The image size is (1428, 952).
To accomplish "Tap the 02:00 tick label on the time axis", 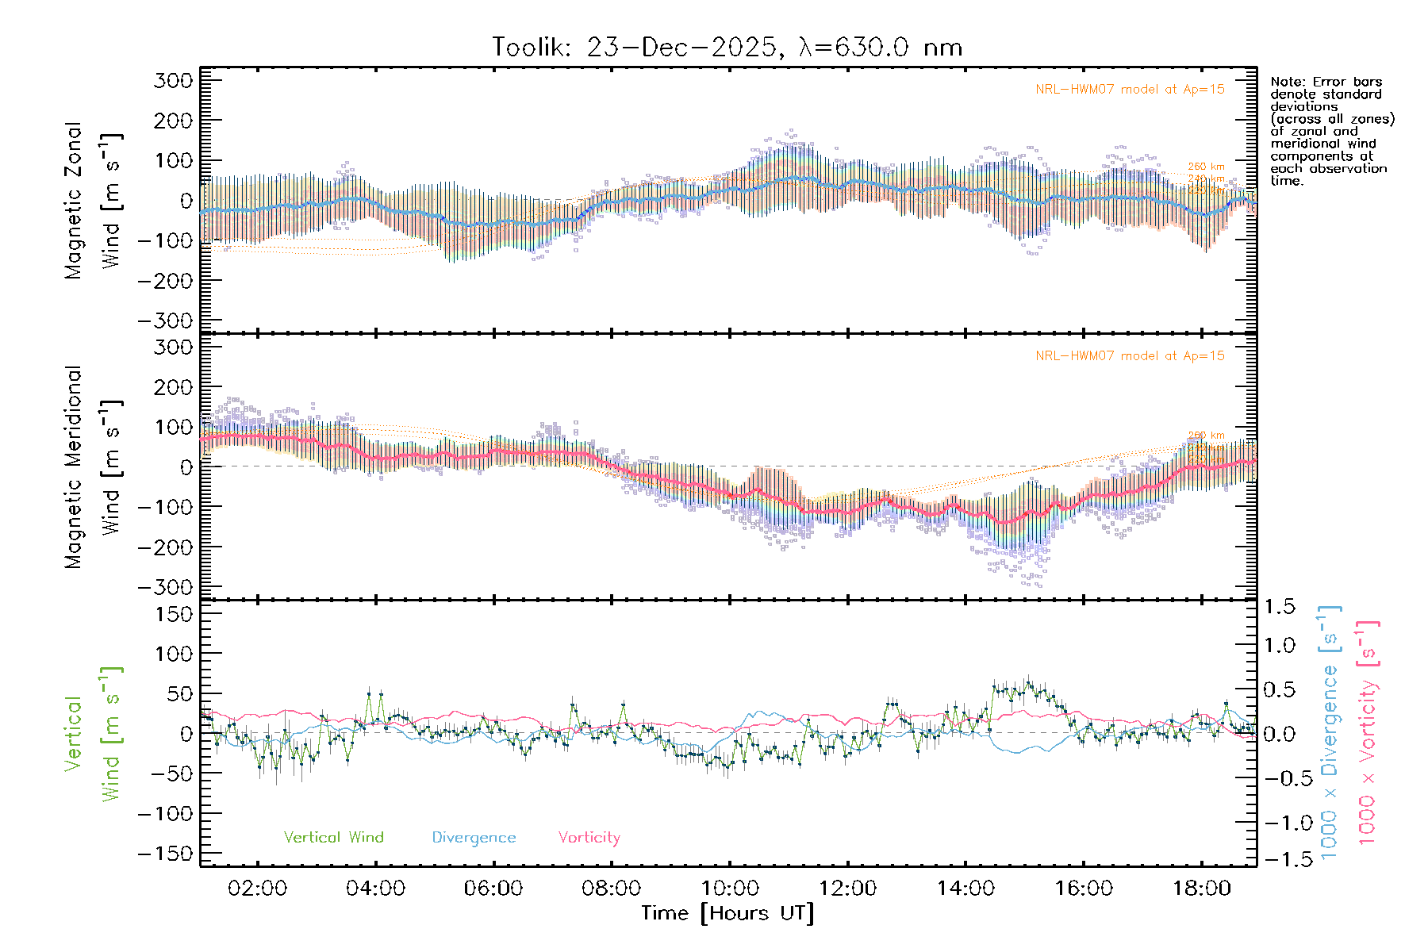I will coord(257,889).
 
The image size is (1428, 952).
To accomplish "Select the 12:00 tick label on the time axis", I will coord(847,889).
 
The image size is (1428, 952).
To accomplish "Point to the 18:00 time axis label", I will coord(1201,889).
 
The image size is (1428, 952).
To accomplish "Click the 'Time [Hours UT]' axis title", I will coord(727,914).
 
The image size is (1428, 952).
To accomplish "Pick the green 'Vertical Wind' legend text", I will coord(333,838).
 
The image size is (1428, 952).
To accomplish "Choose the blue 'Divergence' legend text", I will coord(474,838).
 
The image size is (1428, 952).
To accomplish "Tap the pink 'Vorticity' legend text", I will coord(589,838).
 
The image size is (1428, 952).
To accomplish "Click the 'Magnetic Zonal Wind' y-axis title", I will coord(94,200).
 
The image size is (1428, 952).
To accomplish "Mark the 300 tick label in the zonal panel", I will coord(173,80).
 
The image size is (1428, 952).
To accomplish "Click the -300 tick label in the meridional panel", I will coord(165,587).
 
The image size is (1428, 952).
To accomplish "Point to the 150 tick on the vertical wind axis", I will coord(173,614).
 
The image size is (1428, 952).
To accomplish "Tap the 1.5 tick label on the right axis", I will coord(1280,607).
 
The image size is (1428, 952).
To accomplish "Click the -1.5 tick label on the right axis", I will coord(1280,859).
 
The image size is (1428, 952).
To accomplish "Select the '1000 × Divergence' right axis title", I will coord(1330,732).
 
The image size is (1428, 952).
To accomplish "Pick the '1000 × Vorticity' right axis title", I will coord(1368,732).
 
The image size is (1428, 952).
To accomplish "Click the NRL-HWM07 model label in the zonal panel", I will coord(1130,90).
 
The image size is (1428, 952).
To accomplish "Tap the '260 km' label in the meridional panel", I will coord(1206,436).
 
